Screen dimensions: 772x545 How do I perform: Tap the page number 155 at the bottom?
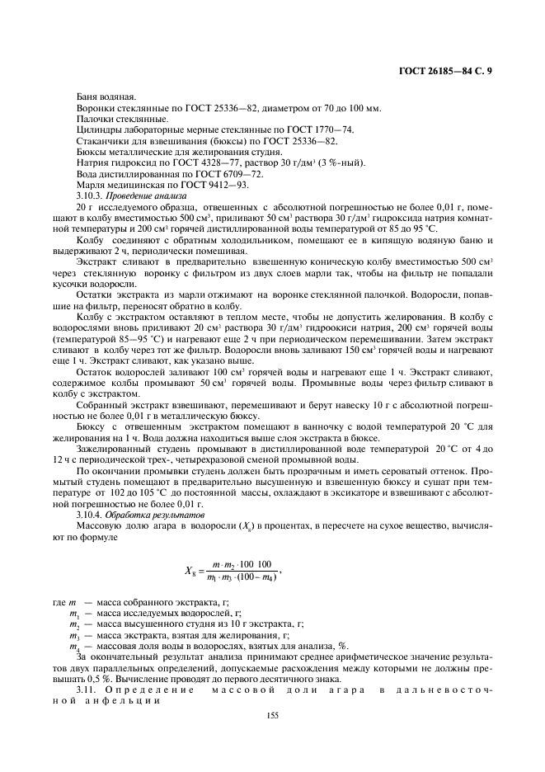coord(273,715)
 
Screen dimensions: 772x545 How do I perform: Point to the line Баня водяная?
coord(101,97)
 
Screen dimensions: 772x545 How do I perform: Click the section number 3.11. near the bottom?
coord(87,688)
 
